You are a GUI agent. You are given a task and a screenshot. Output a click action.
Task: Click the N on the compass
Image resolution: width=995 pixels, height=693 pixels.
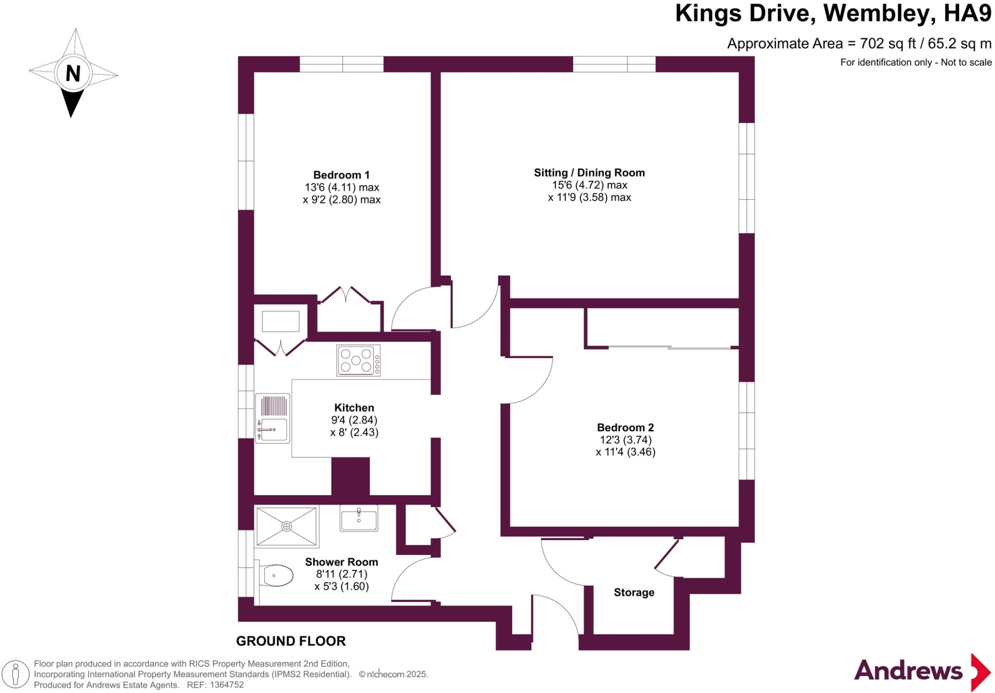point(73,74)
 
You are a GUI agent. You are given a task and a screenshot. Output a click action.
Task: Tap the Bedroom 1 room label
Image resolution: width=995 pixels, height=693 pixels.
point(341,175)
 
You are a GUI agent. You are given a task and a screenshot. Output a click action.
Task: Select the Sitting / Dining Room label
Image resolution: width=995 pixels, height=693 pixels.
point(589,173)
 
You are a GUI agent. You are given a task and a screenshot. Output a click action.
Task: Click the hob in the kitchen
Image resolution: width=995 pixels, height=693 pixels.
point(359,361)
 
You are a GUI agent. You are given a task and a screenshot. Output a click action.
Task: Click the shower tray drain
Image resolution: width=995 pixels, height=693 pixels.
point(287,526)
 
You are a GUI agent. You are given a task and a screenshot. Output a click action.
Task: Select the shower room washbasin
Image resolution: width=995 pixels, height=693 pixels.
point(359,518)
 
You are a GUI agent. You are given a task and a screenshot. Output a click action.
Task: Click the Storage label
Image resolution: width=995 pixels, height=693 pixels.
point(634,592)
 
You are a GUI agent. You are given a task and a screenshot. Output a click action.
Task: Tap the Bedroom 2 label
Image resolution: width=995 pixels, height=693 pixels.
point(625,428)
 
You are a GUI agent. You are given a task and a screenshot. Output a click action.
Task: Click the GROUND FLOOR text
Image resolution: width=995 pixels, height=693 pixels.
point(291,641)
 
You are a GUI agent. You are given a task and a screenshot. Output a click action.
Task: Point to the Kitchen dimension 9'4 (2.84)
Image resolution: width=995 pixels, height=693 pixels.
point(354,420)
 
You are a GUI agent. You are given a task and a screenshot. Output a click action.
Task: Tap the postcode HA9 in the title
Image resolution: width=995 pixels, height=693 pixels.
point(967,14)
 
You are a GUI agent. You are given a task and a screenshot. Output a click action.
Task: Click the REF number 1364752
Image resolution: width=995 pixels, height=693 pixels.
point(226,685)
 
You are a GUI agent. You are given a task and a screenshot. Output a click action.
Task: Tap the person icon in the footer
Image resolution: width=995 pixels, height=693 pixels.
point(16,675)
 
